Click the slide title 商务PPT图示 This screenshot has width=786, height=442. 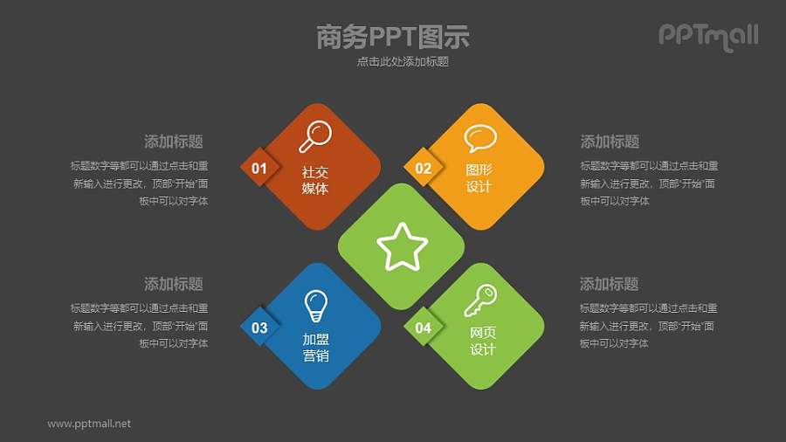pos(393,37)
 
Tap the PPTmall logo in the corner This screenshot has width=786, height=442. pos(707,36)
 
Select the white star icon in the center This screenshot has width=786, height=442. pos(402,247)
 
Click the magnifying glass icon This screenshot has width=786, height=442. pos(315,135)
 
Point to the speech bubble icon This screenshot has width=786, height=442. pos(479,138)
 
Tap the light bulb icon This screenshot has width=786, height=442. pos(315,306)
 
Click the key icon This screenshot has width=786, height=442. pos(479,300)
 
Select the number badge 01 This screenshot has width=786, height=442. pos(259,168)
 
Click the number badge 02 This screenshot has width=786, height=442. pos(423,168)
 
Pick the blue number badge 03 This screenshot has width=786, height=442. pos(259,328)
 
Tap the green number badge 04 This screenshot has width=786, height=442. pos(423,328)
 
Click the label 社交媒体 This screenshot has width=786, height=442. pos(315,180)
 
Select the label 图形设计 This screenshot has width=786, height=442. pos(479,178)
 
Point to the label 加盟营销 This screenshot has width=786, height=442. pos(315,347)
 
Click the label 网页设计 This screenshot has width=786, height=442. pos(482,341)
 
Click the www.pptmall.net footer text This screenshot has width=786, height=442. pos(89,424)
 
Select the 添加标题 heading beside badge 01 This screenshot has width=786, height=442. pos(174,142)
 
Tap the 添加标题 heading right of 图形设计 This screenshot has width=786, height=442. pos(610,142)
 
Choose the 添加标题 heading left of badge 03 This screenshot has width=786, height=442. pos(174,284)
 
